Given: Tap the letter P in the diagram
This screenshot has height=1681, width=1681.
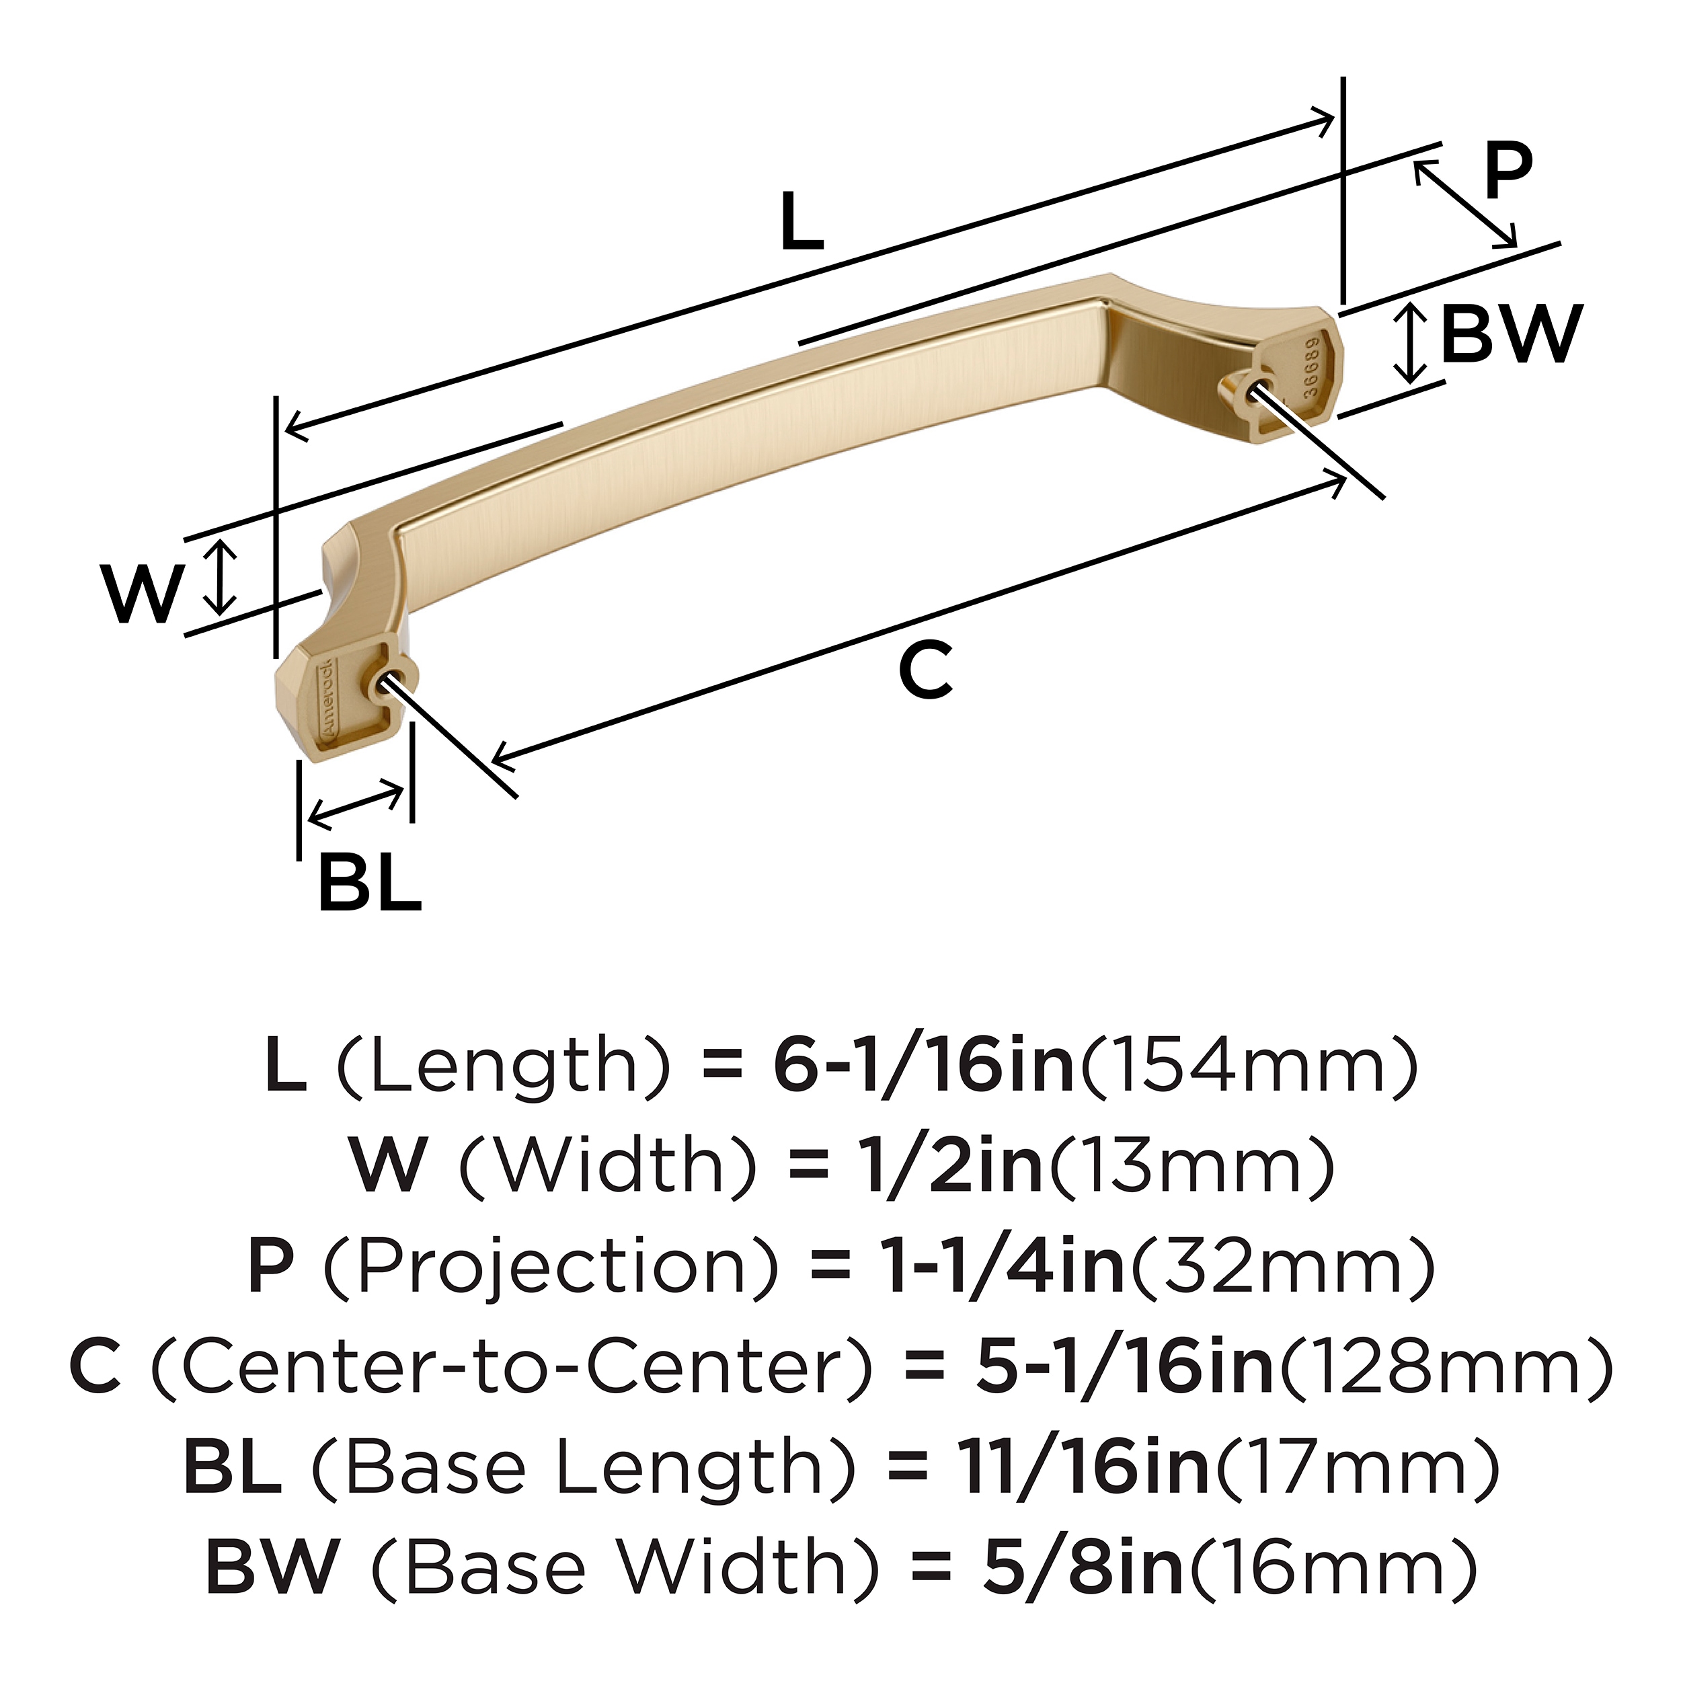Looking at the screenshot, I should (x=1507, y=171).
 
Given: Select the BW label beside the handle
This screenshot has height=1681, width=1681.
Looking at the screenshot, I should (x=1510, y=334).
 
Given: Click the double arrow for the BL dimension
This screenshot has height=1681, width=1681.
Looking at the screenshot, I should (x=356, y=805).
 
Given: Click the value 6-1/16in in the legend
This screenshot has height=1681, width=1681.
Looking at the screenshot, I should (x=924, y=1066).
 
